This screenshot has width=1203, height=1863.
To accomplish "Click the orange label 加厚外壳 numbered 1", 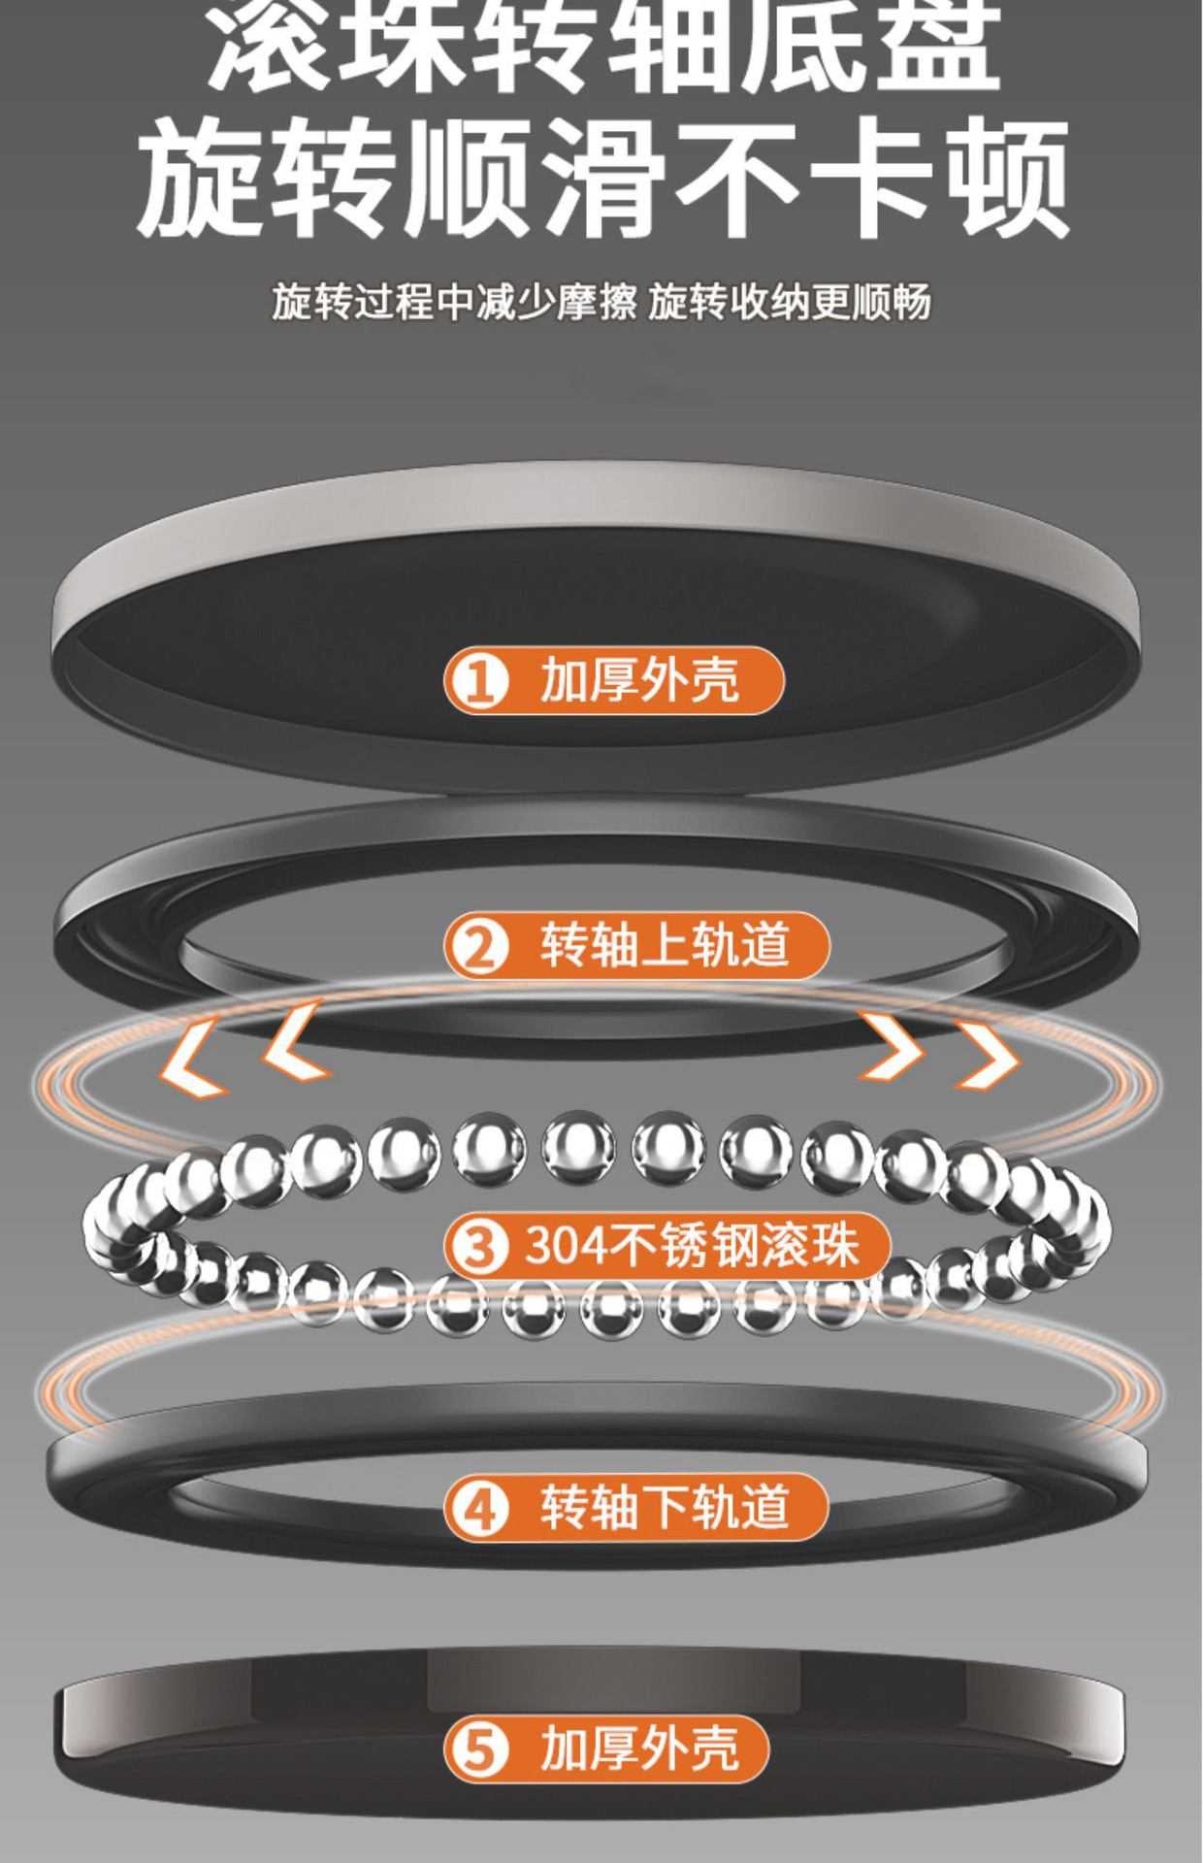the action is click(x=613, y=680).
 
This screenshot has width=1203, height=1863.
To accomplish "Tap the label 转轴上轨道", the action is click(x=636, y=945).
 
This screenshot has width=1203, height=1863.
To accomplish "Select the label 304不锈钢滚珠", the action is click(x=667, y=1245).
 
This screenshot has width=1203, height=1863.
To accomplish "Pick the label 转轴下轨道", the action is click(x=635, y=1507).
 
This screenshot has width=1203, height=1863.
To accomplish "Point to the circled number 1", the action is click(x=479, y=681).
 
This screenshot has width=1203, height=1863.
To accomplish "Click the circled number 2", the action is click(x=479, y=946).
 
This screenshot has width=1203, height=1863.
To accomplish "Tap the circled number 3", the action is click(x=479, y=1246).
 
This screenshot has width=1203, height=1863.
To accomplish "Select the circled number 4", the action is click(x=479, y=1509).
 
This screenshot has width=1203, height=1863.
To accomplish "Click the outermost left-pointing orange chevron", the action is click(x=190, y=1059).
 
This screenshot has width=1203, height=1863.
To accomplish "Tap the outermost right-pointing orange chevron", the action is click(x=990, y=1054).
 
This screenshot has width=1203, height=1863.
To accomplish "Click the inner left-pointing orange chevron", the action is click(x=296, y=1041).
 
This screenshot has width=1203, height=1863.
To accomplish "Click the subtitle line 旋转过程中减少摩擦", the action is click(x=453, y=303).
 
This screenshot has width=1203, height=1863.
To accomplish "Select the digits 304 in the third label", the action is click(x=560, y=1245).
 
